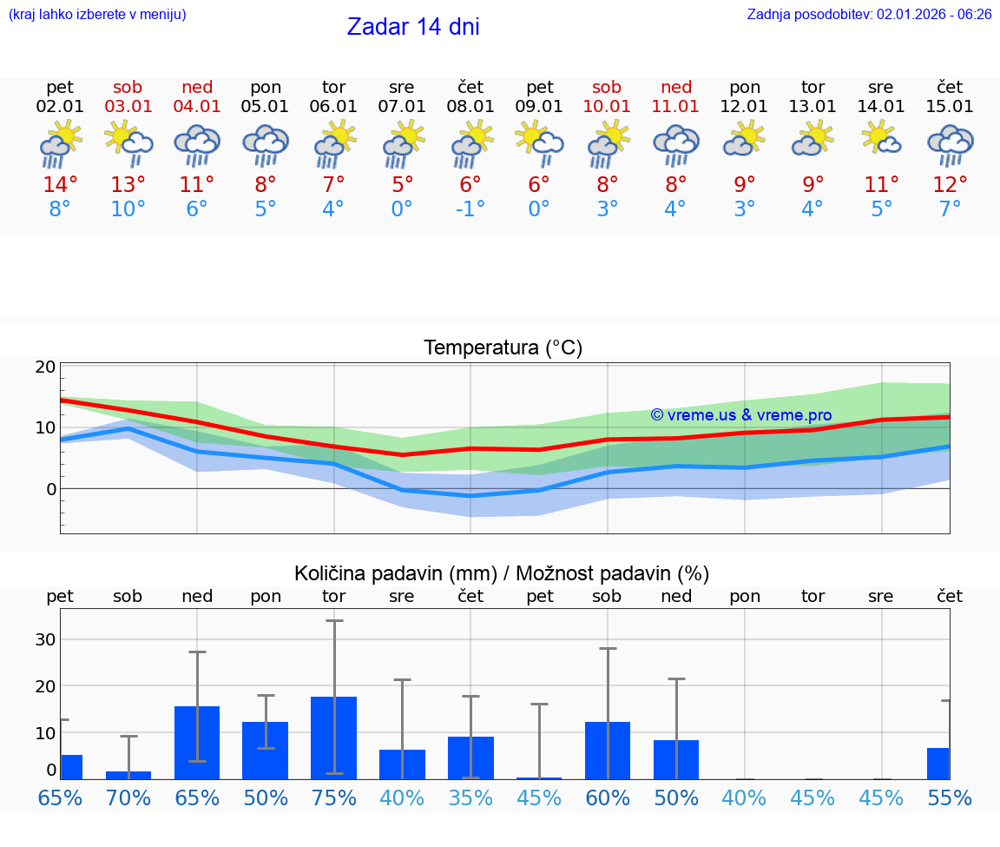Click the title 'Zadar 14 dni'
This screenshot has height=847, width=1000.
[413, 27]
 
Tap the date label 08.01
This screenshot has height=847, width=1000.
[470, 107]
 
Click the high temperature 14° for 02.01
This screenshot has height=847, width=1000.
[60, 185]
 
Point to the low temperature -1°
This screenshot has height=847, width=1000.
[470, 209]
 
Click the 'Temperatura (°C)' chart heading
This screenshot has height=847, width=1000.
[503, 348]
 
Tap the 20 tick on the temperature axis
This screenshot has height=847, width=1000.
[45, 367]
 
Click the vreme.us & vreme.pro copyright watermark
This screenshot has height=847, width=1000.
[741, 415]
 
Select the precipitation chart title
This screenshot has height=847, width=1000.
[502, 573]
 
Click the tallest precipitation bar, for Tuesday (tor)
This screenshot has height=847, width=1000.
[334, 738]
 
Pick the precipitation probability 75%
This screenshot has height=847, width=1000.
[334, 797]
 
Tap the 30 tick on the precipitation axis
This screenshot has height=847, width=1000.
[45, 639]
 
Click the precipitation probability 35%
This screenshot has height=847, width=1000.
[470, 797]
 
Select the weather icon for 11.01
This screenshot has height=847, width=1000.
[676, 144]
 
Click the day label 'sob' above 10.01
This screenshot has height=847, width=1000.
[607, 87]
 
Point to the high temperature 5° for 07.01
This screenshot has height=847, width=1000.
[402, 185]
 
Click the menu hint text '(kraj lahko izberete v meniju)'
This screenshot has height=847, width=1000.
[97, 14]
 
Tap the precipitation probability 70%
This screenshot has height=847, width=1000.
[128, 797]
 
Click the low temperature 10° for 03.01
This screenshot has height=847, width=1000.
[128, 209]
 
